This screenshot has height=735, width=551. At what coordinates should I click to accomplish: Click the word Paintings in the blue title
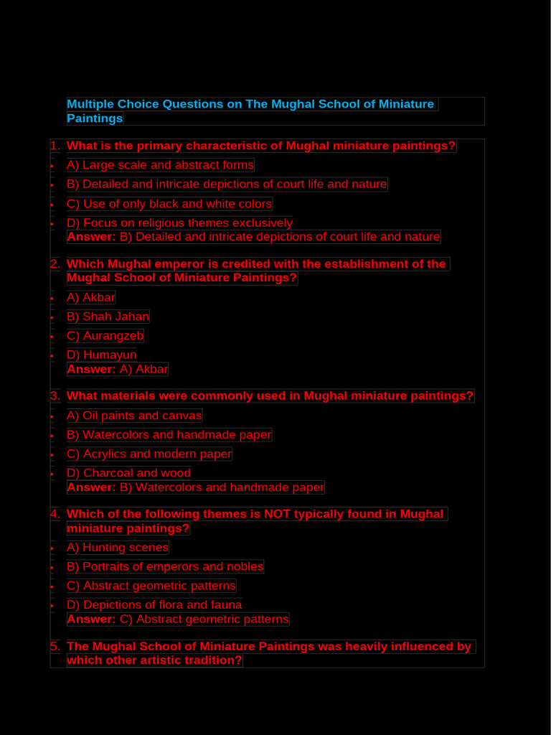(x=95, y=118)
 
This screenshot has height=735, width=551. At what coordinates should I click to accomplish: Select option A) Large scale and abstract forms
(x=160, y=165)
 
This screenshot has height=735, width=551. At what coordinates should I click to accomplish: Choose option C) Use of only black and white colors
(x=169, y=204)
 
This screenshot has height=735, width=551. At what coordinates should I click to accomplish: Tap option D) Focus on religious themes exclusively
(x=179, y=223)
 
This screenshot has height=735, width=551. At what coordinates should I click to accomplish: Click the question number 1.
(x=55, y=146)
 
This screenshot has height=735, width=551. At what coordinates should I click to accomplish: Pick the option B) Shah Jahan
(x=108, y=317)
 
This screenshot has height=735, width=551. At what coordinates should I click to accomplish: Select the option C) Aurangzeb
(x=105, y=336)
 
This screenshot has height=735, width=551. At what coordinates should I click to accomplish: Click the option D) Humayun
(x=101, y=355)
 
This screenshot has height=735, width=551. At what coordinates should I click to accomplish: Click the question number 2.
(x=55, y=264)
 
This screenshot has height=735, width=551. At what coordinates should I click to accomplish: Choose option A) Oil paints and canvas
(x=134, y=416)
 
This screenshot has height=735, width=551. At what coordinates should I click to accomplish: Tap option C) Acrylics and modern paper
(x=149, y=454)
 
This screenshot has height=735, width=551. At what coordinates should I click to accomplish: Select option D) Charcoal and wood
(x=128, y=473)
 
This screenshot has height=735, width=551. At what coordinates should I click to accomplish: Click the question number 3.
(x=55, y=396)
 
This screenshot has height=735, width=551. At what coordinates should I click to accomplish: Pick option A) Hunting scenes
(x=118, y=548)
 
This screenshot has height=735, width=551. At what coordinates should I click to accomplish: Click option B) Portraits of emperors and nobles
(x=165, y=567)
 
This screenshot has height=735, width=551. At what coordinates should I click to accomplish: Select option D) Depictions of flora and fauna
(x=154, y=605)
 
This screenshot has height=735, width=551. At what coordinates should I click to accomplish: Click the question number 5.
(x=55, y=647)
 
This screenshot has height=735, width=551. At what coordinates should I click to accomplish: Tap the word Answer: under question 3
(x=91, y=488)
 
